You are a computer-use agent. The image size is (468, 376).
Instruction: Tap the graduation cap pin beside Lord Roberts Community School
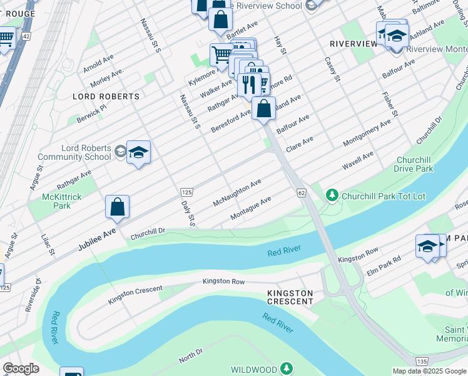click(x=138, y=152)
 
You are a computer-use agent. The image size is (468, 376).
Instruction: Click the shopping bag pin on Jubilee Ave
click(x=117, y=207)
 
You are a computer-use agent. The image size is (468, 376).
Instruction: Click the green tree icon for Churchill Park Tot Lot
click(x=332, y=196)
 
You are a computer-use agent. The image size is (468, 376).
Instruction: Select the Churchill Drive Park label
click(x=414, y=164)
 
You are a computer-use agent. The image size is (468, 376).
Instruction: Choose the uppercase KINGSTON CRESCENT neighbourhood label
click(x=290, y=297)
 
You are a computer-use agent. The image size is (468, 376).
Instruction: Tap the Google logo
click(x=21, y=368)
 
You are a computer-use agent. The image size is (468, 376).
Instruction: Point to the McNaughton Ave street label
click(x=237, y=194)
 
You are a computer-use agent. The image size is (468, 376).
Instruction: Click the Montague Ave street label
click(x=250, y=209)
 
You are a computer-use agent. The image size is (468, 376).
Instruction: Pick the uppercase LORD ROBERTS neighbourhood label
click(x=106, y=97)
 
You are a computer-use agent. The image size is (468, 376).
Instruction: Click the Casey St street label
click(x=332, y=70)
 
